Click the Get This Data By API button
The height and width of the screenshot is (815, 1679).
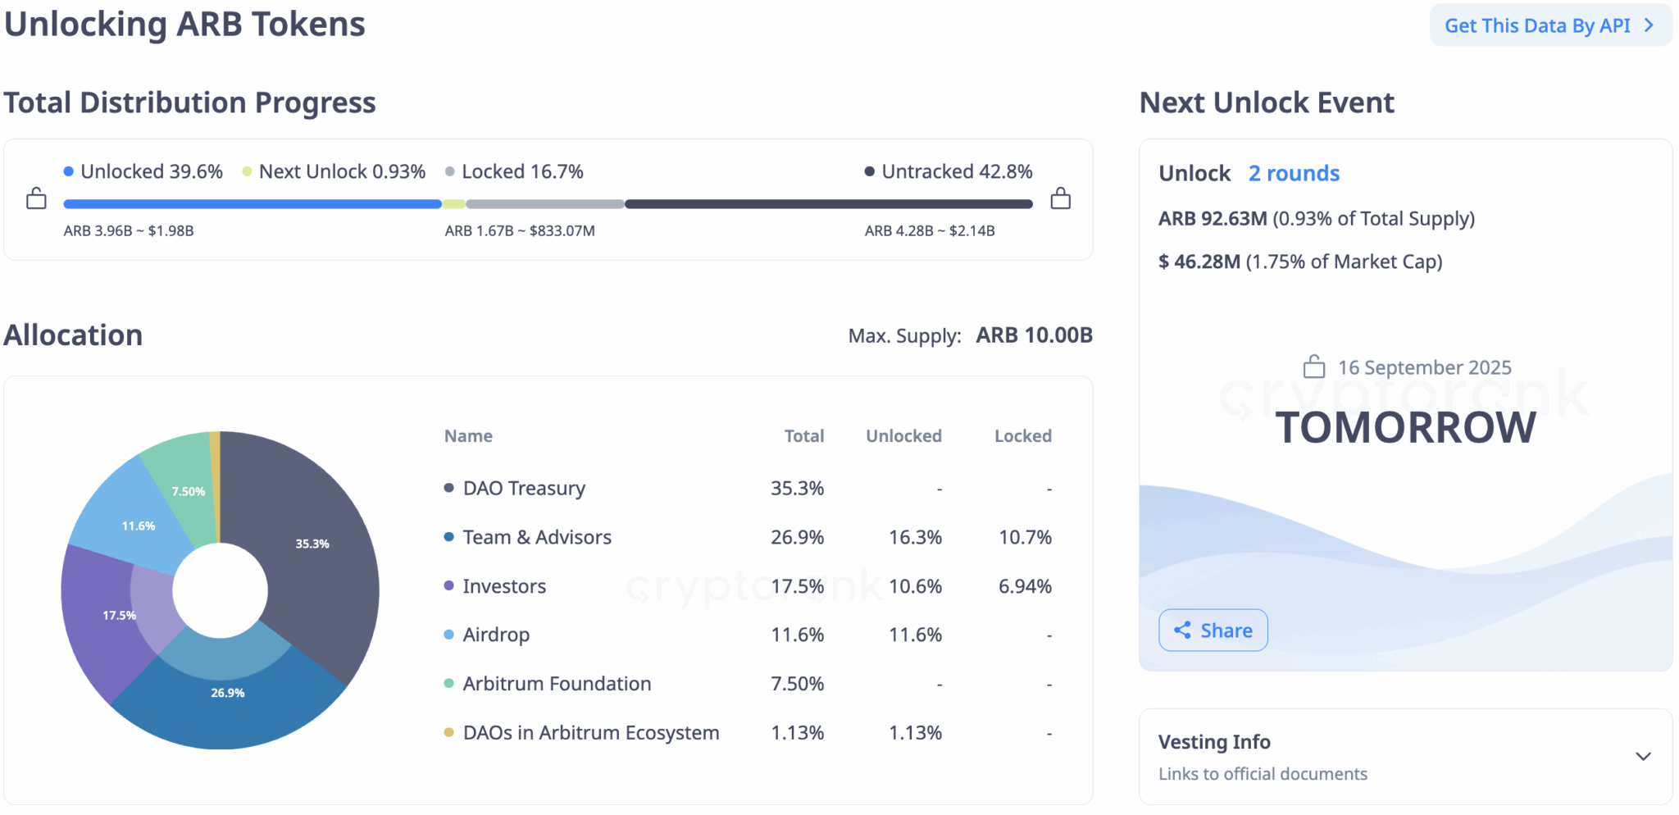pyautogui.click(x=1549, y=25)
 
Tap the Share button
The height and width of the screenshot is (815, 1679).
pyautogui.click(x=1213, y=630)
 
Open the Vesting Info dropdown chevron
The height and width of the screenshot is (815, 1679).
pyautogui.click(x=1643, y=756)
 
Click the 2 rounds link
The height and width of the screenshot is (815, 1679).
pyautogui.click(x=1294, y=173)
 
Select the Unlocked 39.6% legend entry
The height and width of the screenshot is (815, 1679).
pyautogui.click(x=143, y=171)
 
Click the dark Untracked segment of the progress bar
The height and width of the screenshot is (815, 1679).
pyautogui.click(x=828, y=204)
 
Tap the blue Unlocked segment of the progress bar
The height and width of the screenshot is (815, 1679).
pyautogui.click(x=252, y=204)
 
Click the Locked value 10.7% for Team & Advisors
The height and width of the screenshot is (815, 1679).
pyautogui.click(x=1025, y=537)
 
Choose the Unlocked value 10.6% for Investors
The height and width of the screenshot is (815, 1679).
pyautogui.click(x=915, y=586)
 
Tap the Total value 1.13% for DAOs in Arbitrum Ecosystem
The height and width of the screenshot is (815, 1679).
pyautogui.click(x=797, y=732)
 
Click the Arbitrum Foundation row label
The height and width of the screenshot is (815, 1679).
pyautogui.click(x=557, y=684)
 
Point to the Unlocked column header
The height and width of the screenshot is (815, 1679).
pyautogui.click(x=903, y=436)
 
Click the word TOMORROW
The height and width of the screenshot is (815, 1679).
pyautogui.click(x=1405, y=427)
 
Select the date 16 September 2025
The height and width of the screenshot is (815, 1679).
pyautogui.click(x=1424, y=367)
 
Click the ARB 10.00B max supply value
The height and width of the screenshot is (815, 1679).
pyautogui.click(x=1034, y=335)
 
